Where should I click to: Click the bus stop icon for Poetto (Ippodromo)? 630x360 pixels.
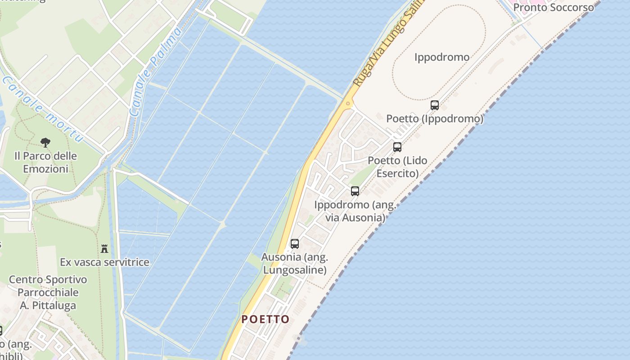[434, 105]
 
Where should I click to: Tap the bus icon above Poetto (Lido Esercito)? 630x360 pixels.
[397, 147]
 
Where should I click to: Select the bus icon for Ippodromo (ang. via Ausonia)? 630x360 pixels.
[355, 191]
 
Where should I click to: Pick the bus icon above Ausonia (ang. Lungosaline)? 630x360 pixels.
[295, 244]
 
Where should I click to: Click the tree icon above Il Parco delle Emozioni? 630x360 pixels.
[45, 143]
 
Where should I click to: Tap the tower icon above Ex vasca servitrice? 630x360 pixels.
[104, 248]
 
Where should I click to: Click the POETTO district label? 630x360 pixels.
[265, 319]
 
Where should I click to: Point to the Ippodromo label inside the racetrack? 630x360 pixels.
[441, 57]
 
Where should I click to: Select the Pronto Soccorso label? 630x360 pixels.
[553, 8]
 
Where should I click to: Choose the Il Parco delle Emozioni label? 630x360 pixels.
[45, 162]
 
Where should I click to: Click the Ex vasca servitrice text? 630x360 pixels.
[104, 262]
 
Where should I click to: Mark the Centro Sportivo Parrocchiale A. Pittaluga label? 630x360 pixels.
[48, 292]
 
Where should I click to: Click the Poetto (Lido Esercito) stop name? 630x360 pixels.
[397, 166]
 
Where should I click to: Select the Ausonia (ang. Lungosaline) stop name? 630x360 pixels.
[295, 263]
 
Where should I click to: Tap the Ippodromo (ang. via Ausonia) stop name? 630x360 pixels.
[355, 211]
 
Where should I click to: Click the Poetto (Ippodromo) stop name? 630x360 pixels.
[435, 119]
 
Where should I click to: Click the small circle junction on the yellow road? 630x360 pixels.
[348, 103]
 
